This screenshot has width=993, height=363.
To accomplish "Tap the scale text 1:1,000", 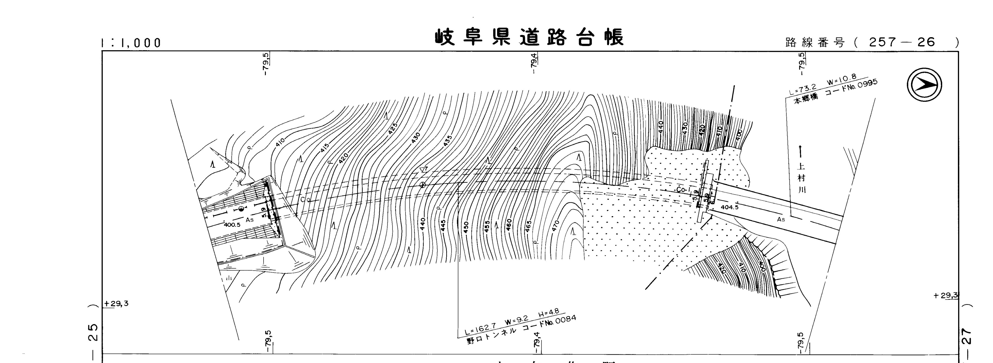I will (x=131, y=42).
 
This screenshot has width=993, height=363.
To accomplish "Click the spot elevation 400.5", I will (x=232, y=225).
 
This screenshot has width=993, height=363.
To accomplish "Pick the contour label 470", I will (x=555, y=226).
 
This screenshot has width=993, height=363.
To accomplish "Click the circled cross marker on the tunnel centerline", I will (x=422, y=185).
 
